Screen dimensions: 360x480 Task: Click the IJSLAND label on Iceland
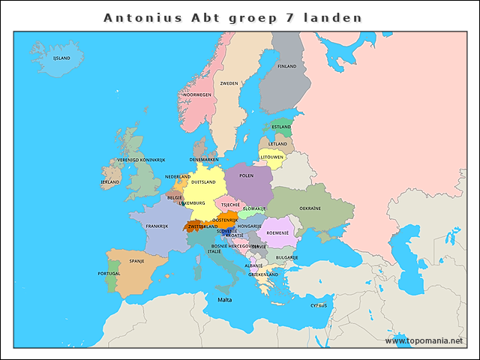tap(61, 58)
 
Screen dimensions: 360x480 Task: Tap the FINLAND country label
tap(287, 66)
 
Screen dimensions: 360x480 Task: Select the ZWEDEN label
tap(229, 83)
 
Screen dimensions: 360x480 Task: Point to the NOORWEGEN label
tap(197, 95)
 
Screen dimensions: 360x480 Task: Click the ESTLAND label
tap(281, 127)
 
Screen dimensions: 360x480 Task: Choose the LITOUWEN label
tap(271, 157)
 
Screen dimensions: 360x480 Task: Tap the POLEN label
tap(246, 175)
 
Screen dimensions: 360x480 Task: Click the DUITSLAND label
tap(203, 181)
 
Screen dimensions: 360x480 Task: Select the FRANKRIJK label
tap(157, 226)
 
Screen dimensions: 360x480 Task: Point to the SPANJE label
tap(136, 261)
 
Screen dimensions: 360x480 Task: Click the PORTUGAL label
tap(109, 274)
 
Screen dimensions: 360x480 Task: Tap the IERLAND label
tap(110, 181)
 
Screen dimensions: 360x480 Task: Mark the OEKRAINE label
tap(310, 208)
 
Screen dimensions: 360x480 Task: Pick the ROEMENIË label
tap(277, 233)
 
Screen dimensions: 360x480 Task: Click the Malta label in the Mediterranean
tap(225, 300)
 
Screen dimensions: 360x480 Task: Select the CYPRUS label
tap(319, 305)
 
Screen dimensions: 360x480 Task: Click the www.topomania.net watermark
tap(424, 341)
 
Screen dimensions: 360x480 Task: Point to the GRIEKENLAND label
tap(263, 274)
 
